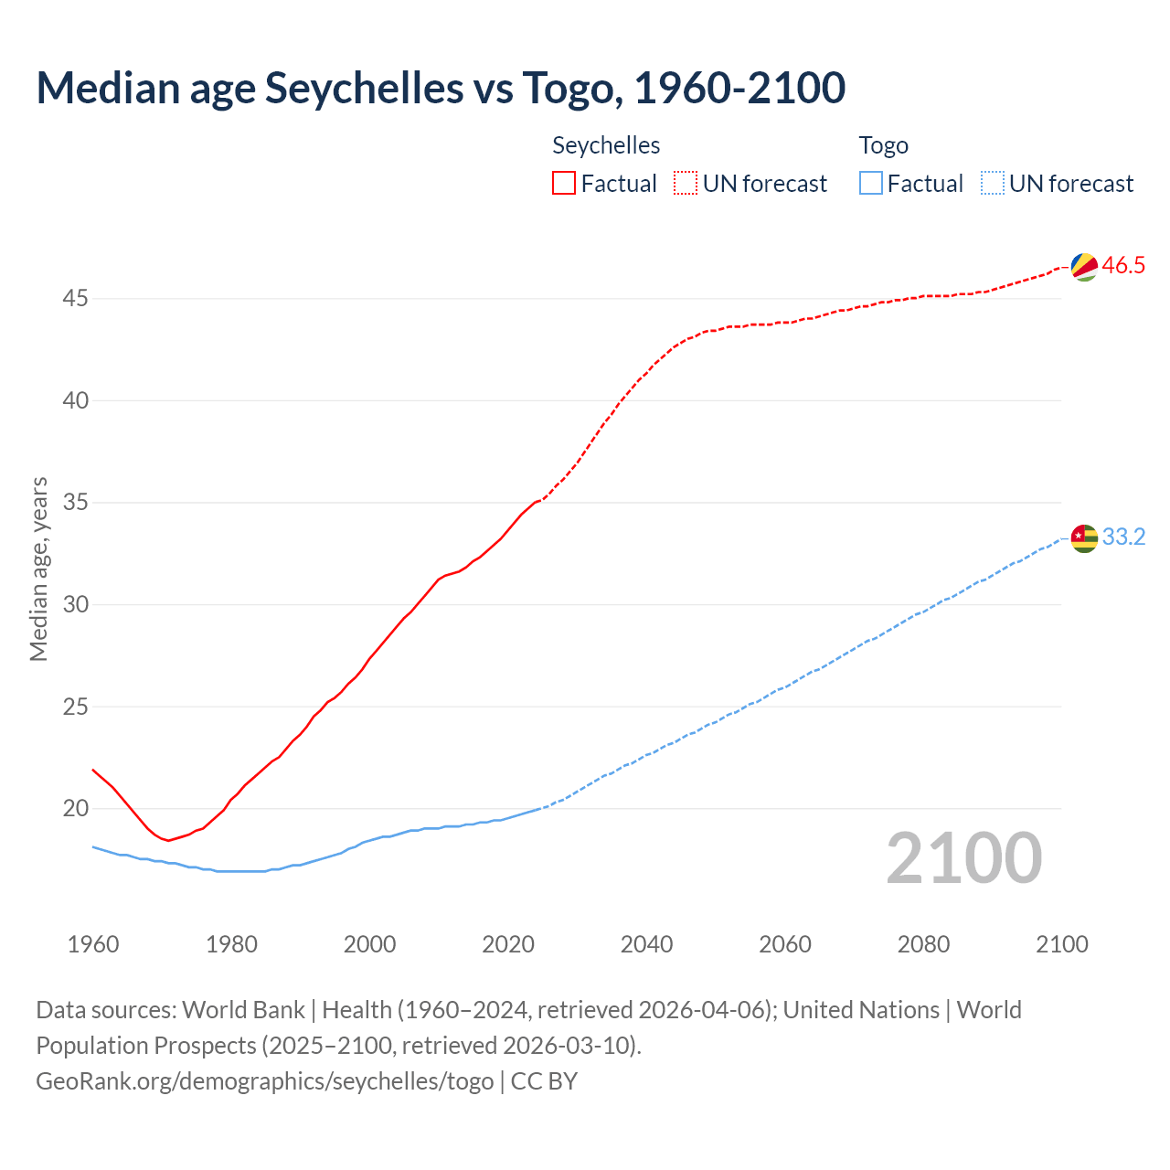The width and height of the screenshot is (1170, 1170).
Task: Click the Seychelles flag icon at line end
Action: tap(1084, 267)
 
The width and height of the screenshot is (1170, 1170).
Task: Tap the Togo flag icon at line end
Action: tap(1084, 538)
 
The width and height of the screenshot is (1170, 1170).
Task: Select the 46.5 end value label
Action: tap(1123, 266)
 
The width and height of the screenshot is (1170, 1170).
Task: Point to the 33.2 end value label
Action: tap(1123, 537)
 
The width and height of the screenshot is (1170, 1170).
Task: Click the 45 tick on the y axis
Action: tap(76, 299)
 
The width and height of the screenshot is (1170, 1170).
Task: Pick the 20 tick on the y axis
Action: tap(76, 809)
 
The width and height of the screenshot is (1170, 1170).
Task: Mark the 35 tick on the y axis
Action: tap(76, 503)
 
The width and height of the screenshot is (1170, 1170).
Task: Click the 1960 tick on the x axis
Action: tap(93, 944)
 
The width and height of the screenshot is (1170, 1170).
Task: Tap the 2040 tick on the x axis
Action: tap(646, 944)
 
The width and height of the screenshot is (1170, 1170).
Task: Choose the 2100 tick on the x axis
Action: tap(1061, 944)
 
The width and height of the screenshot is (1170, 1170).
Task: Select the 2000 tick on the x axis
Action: tap(369, 944)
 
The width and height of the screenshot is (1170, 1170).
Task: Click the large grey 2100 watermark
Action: tap(963, 858)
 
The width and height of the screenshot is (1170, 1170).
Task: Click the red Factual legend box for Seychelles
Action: tap(564, 184)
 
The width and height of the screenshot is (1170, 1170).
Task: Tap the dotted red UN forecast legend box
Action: tap(686, 184)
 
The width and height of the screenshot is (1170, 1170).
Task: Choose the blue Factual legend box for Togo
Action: tap(871, 184)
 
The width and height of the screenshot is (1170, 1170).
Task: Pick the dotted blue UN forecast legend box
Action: tap(992, 184)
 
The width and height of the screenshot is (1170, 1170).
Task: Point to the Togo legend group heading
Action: tap(883, 145)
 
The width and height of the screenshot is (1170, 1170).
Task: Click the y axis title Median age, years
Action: tap(38, 569)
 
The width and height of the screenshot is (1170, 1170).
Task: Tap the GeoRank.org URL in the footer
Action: tap(265, 1081)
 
